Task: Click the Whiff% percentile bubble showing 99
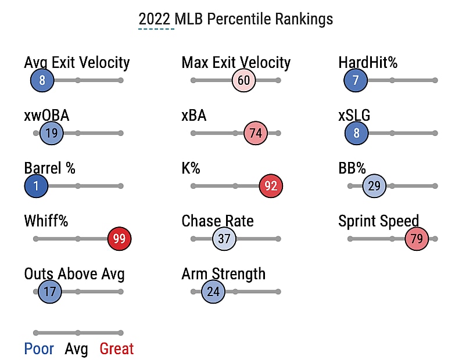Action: [x=120, y=239]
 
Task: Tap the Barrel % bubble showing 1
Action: [x=36, y=186]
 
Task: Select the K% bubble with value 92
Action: [x=271, y=186]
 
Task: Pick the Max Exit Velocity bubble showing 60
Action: [x=243, y=80]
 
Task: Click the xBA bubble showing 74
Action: [x=255, y=134]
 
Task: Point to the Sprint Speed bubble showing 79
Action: [x=416, y=239]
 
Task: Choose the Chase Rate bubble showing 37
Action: [x=224, y=239]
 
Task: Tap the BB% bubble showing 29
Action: [x=374, y=186]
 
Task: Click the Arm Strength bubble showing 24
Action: [x=213, y=291]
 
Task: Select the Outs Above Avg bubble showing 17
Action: [x=50, y=291]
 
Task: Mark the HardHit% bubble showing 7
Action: [x=356, y=80]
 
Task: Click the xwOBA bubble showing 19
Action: [x=51, y=134]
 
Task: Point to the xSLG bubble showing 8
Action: [x=356, y=134]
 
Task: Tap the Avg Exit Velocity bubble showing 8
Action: [x=42, y=80]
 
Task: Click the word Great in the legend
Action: [x=116, y=349]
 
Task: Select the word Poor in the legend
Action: [x=39, y=349]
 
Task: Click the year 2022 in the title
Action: [x=156, y=19]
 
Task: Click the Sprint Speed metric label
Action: [x=378, y=221]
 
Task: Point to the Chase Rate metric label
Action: [x=217, y=221]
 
